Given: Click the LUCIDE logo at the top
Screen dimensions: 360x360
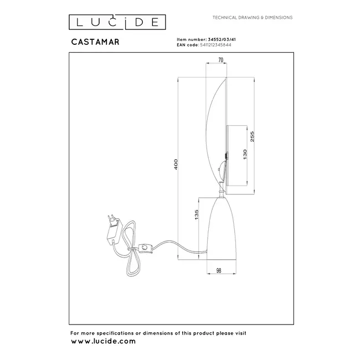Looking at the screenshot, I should pyautogui.click(x=117, y=22).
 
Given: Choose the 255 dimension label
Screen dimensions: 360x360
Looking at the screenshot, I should pyautogui.click(x=253, y=136).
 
